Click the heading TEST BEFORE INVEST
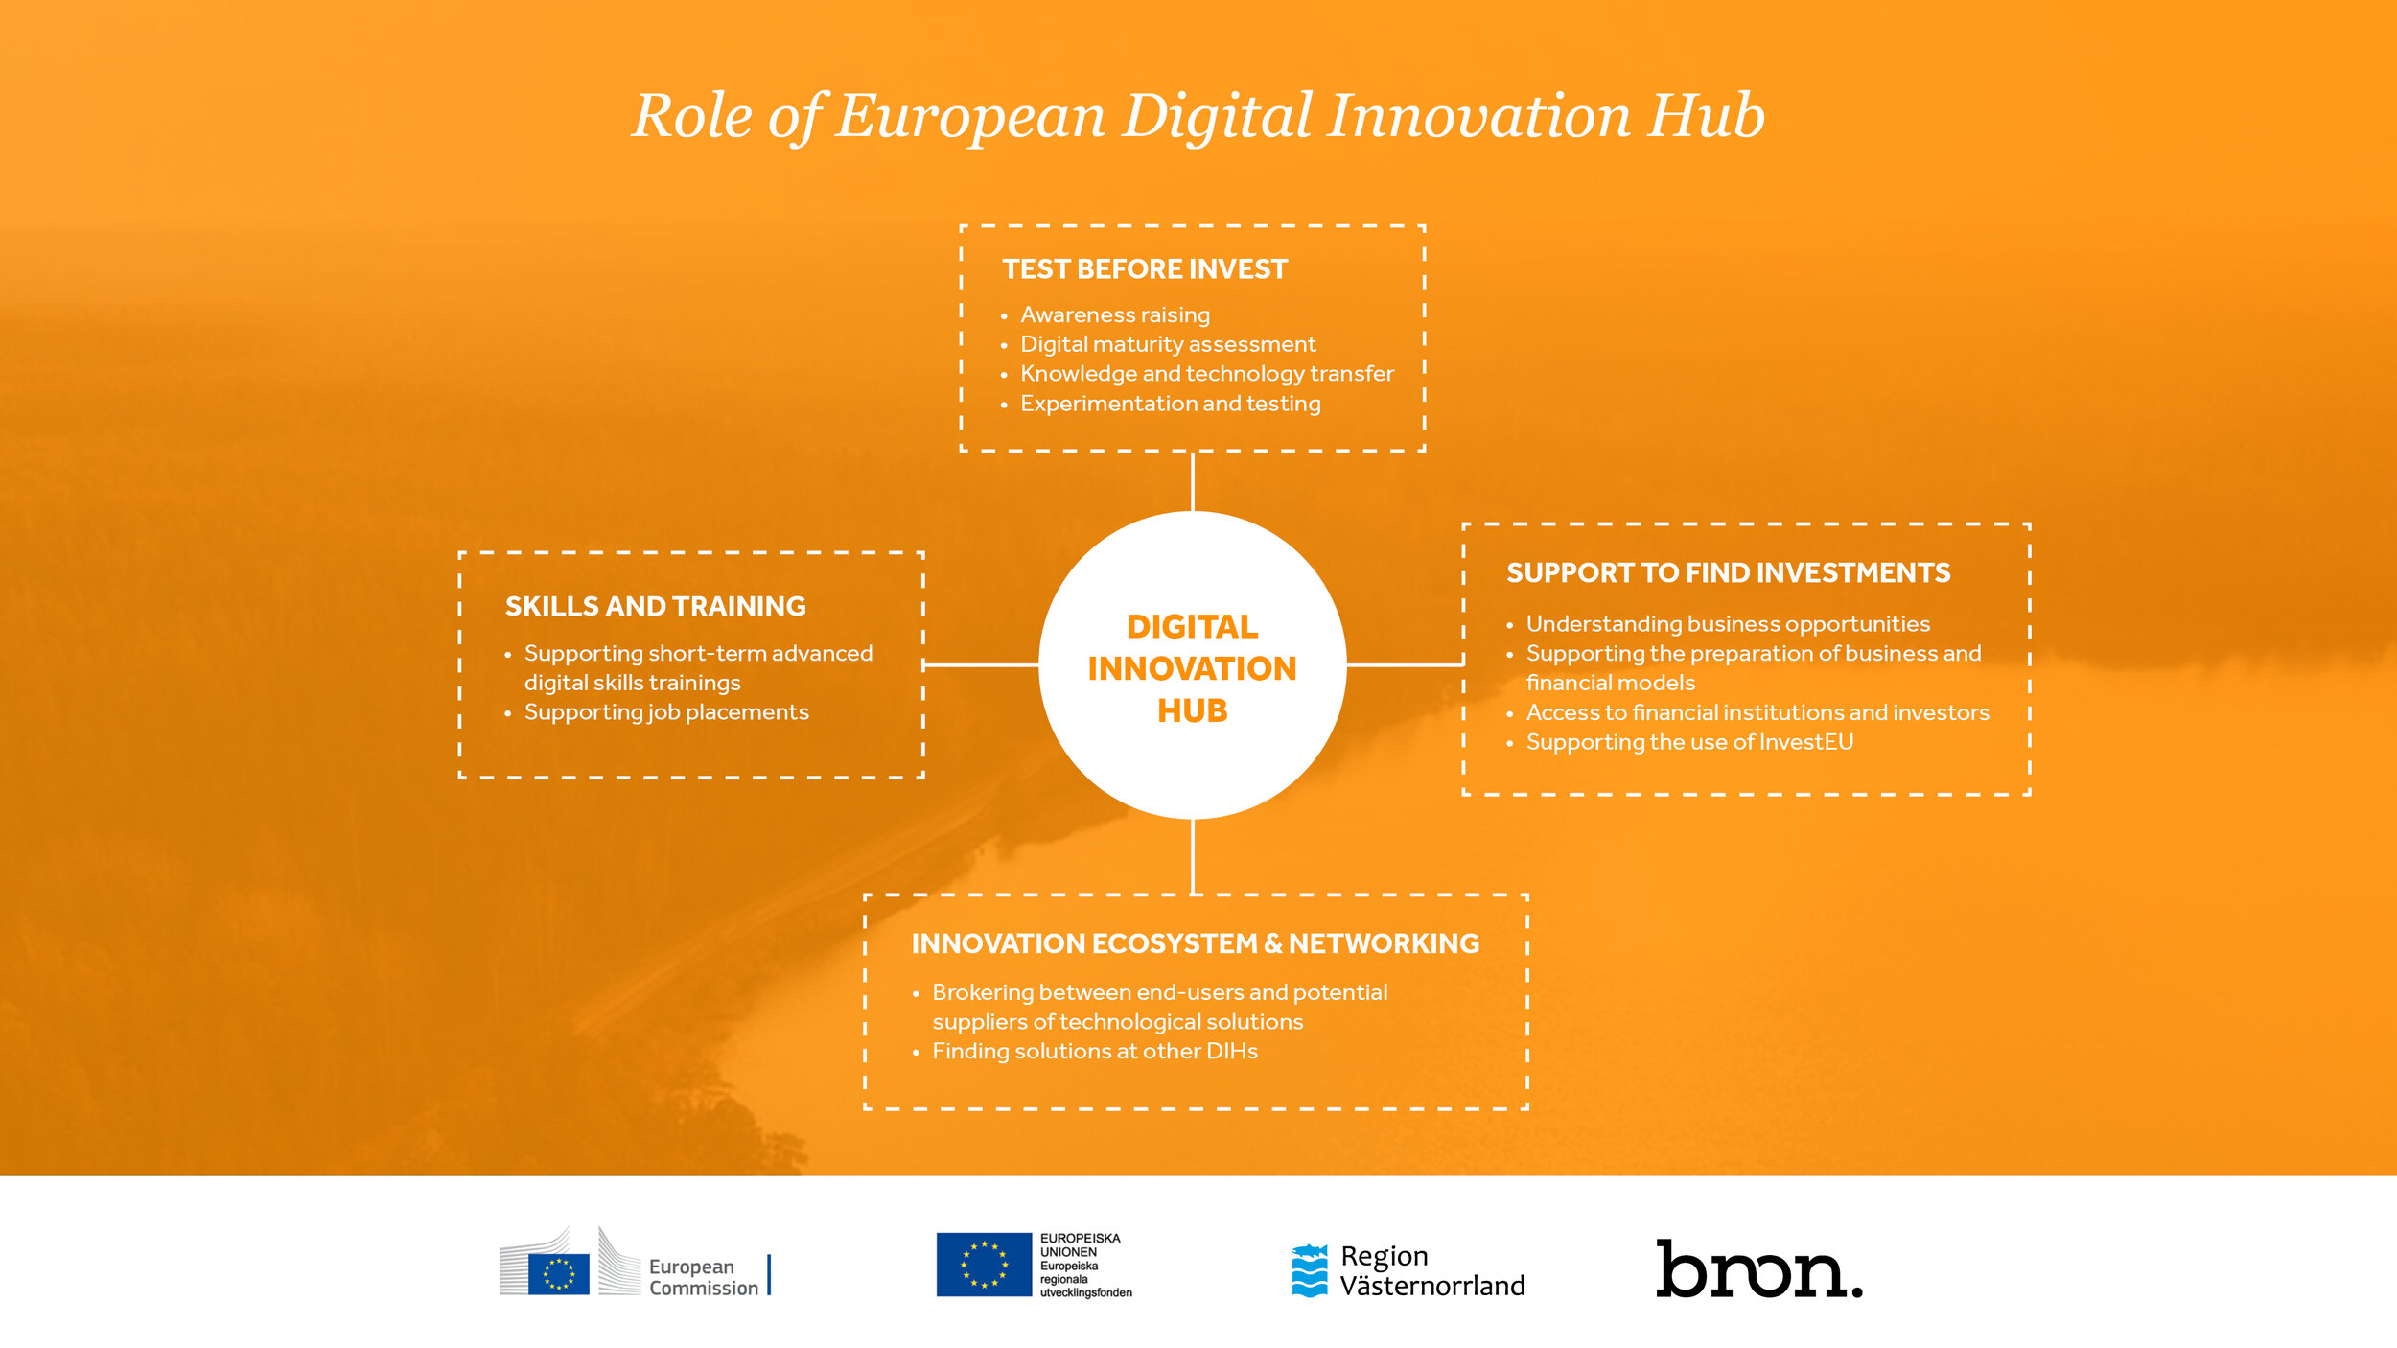1145,269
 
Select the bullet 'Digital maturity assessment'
1167,344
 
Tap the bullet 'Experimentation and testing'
1170,404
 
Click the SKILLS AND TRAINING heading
655,607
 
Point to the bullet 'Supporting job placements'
665,712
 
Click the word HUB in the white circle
1192,711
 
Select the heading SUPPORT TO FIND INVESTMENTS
1728,573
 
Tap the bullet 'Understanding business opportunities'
1727,624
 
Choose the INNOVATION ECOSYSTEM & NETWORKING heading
1195,944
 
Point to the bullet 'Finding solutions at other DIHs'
1094,1052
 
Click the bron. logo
1758,1269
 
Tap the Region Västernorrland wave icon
1310,1270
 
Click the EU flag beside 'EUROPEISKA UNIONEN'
983,1265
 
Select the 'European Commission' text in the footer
703,1278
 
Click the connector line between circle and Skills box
981,664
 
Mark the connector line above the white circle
1192,481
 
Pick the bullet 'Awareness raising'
1114,315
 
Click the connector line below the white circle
1192,856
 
